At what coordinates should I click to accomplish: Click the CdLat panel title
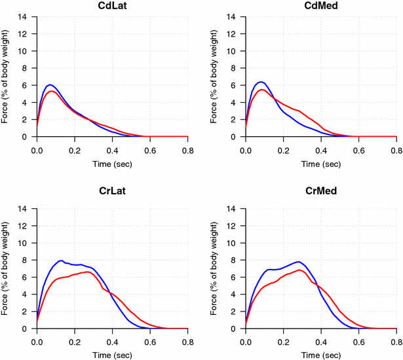click(x=112, y=7)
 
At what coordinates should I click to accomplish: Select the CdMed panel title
click(x=321, y=7)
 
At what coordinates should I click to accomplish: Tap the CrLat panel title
click(x=112, y=198)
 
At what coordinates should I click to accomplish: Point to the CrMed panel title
click(x=321, y=198)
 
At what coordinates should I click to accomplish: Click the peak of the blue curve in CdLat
click(x=49, y=84)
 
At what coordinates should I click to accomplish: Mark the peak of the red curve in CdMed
click(x=262, y=90)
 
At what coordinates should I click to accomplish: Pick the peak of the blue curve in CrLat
click(x=62, y=261)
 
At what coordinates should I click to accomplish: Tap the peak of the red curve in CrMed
click(x=299, y=270)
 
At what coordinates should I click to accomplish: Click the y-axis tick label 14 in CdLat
click(x=24, y=17)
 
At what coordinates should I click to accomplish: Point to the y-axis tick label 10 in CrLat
click(x=24, y=243)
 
